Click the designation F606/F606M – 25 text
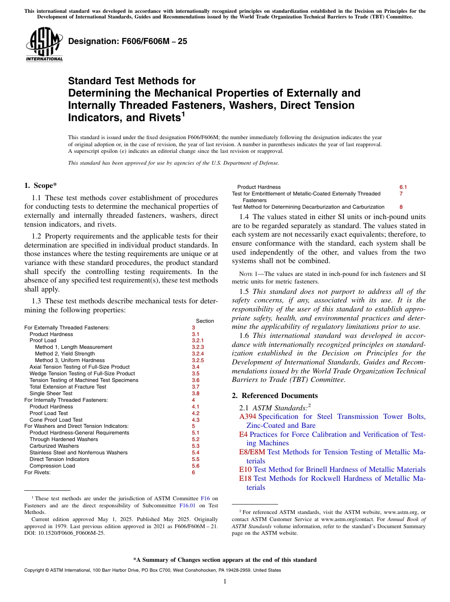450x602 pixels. click(x=127, y=41)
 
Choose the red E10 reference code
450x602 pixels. click(x=246, y=469)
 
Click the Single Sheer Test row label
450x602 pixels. click(x=51, y=393)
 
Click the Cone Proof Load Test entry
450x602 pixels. click(x=56, y=420)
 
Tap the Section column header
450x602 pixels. click(x=205, y=321)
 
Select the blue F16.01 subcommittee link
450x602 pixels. click(x=187, y=505)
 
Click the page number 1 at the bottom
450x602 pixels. click(x=225, y=582)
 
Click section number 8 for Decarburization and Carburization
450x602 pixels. click(x=401, y=207)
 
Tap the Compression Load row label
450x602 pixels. click(x=52, y=466)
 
